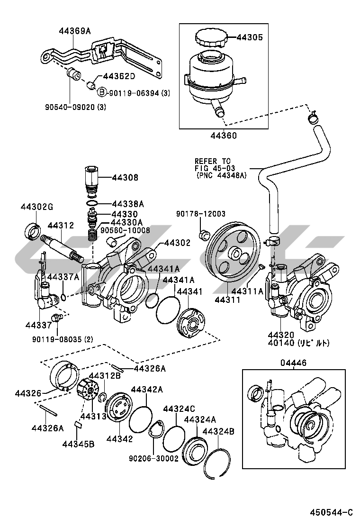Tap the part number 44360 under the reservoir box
pyautogui.click(x=224, y=136)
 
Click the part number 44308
pyautogui.click(x=125, y=177)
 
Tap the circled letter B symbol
pyautogui.click(x=102, y=93)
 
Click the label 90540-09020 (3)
pyautogui.click(x=76, y=107)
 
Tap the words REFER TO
pyautogui.click(x=213, y=161)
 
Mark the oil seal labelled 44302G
pyautogui.click(x=33, y=231)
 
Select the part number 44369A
pyautogui.click(x=75, y=31)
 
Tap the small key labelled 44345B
pyautogui.click(x=79, y=424)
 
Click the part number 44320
pyautogui.click(x=281, y=335)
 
